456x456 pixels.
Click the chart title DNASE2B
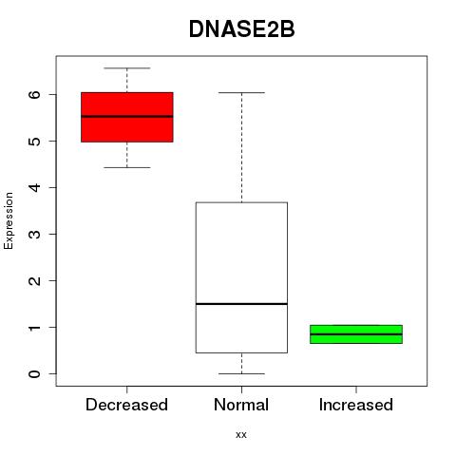pos(241,29)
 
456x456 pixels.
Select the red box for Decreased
pos(127,117)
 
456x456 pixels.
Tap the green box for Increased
pos(356,334)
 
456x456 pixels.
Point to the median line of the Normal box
pos(241,304)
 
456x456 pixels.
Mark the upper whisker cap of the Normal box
pos(241,93)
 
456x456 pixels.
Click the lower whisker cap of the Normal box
pos(241,373)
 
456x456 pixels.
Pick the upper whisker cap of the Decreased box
pos(127,68)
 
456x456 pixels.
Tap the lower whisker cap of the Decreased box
pos(127,167)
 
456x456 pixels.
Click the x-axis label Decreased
pos(126,405)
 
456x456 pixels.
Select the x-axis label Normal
pos(241,405)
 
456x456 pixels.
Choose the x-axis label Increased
pos(356,405)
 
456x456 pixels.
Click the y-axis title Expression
pos(9,220)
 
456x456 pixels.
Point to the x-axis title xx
pos(241,435)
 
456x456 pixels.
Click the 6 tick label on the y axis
pos(35,94)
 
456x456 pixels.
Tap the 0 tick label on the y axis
pos(35,373)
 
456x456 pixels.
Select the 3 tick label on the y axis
pos(35,234)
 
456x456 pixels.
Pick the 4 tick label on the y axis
pos(35,187)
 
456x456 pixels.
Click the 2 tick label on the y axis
pos(35,280)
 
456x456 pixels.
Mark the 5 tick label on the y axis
pos(35,141)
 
